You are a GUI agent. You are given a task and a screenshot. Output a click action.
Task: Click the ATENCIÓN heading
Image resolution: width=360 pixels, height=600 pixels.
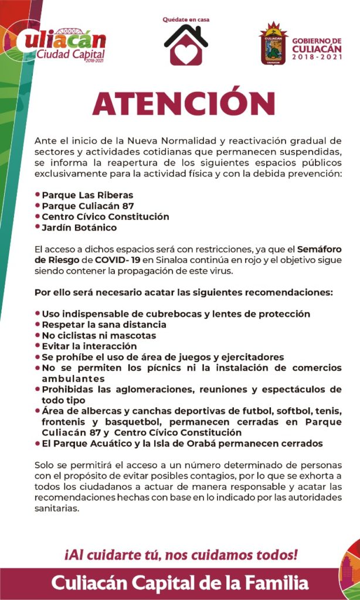184,104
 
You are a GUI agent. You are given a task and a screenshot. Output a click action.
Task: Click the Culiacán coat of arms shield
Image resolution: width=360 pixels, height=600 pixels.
273,45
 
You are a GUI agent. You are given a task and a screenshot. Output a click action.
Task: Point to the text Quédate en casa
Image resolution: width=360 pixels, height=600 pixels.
186,19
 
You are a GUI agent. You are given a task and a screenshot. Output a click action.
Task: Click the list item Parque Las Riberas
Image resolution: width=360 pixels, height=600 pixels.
87,195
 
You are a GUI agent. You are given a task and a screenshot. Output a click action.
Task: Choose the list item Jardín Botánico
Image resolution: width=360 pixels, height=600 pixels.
79,227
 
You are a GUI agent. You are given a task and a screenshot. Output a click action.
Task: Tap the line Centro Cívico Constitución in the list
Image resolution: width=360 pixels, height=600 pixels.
105,217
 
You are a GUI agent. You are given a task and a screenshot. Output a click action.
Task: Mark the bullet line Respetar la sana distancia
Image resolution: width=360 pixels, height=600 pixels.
104,325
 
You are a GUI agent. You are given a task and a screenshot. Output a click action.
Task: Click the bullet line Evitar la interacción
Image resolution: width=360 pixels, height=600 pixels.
89,346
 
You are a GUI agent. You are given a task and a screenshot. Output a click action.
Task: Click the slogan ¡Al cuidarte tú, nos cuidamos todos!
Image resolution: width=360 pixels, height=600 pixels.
181,554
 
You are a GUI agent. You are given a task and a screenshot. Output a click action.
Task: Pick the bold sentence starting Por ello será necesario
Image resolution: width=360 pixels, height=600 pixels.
184,292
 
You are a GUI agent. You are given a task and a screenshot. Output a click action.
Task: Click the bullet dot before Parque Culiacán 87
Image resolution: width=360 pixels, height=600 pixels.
38,206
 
